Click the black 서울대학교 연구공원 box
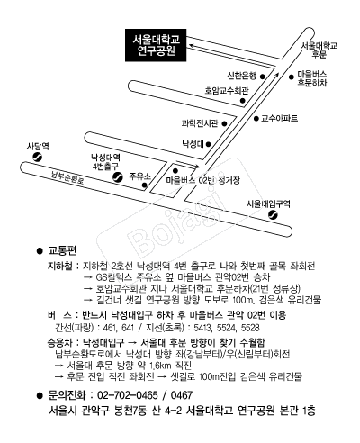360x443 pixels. coord(156,45)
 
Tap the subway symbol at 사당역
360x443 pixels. coord(38,158)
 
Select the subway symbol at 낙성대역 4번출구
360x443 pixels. coord(118,177)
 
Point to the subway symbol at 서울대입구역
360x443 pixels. coord(273,215)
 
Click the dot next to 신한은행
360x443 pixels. coord(263,77)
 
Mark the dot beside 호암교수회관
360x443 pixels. coord(243,101)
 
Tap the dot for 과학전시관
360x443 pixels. coord(224,123)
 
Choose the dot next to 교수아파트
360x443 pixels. coord(256,119)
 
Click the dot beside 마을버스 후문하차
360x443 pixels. coord(291,77)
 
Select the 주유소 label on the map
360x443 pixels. coord(140,176)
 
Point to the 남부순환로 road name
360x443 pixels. coord(67,178)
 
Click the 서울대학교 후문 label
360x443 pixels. coord(319,50)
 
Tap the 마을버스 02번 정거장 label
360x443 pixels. coord(203,180)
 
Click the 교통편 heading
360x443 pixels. coord(63,250)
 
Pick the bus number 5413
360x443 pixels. coord(202,328)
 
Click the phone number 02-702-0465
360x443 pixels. coord(128,395)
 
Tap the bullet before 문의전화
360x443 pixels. coord(40,396)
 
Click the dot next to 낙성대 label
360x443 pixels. coord(208,144)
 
